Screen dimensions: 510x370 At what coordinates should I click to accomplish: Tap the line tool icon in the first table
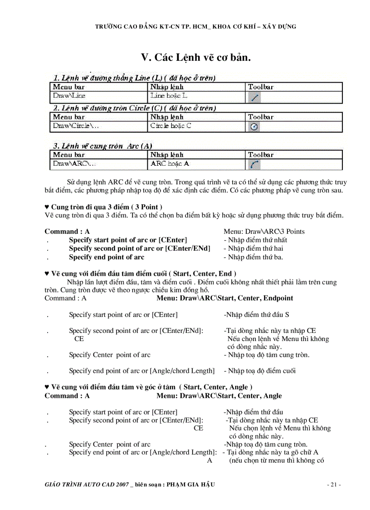pyautogui.click(x=254, y=96)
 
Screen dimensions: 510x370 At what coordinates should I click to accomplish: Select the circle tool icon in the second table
pyautogui.click(x=254, y=127)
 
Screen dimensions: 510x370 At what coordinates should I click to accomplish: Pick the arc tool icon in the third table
pyautogui.click(x=254, y=164)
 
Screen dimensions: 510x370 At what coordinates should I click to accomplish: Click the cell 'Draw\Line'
pyautogui.click(x=69, y=96)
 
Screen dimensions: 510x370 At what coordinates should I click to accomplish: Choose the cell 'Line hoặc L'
pyautogui.click(x=168, y=96)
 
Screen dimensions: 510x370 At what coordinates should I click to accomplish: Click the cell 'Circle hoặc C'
pyautogui.click(x=170, y=126)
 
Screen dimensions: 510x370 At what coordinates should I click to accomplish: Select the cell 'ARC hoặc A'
pyautogui.click(x=170, y=163)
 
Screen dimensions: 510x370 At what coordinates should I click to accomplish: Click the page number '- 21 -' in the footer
pyautogui.click(x=334, y=485)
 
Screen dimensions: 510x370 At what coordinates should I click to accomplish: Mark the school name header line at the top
pyautogui.click(x=195, y=27)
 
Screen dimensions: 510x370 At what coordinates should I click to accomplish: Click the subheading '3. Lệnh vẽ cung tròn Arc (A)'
pyautogui.click(x=103, y=146)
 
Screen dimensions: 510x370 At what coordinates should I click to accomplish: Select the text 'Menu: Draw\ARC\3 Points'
pyautogui.click(x=264, y=232)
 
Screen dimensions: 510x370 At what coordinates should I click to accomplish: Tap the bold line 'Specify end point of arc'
pyautogui.click(x=107, y=257)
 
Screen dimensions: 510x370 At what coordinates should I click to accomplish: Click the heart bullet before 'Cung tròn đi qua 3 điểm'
pyautogui.click(x=47, y=208)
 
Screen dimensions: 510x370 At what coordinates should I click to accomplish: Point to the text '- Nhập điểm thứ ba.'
pyautogui.click(x=253, y=257)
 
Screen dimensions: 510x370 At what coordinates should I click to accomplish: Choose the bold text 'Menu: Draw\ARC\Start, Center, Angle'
pyautogui.click(x=219, y=396)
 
